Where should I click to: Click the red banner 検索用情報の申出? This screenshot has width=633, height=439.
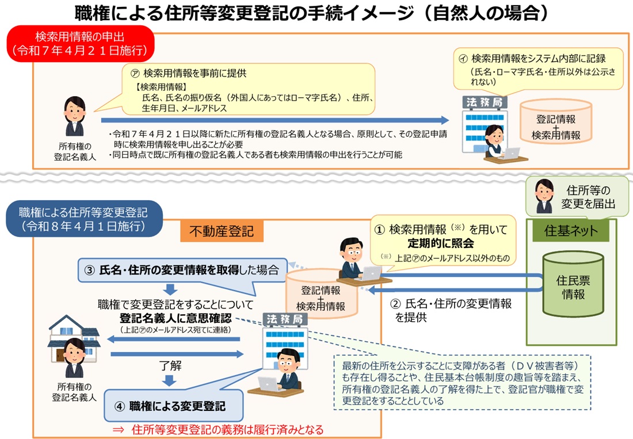[x=81, y=44]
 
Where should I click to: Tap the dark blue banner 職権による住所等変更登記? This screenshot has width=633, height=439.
[x=84, y=219]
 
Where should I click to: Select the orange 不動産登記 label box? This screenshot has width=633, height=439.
[x=222, y=231]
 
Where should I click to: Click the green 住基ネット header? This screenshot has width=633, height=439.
[x=570, y=231]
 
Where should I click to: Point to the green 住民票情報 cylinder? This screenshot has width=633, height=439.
[x=573, y=284]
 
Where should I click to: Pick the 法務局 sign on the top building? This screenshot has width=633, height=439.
[x=485, y=102]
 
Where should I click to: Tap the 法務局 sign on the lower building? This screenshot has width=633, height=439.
[x=285, y=319]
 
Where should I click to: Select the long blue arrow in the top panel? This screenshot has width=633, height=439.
[x=275, y=120]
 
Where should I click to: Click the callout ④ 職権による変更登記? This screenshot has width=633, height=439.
[x=174, y=406]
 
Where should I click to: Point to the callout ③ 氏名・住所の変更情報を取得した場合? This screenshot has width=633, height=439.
[x=182, y=270]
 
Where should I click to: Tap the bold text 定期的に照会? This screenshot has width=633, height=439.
[x=440, y=243]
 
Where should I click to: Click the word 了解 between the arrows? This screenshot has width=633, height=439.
[x=170, y=365]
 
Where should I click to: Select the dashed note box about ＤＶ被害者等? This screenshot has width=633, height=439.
[x=463, y=383]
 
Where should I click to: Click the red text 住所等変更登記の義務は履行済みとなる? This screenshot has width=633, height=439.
[x=228, y=430]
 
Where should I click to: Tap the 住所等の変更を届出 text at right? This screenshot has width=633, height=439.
[x=588, y=197]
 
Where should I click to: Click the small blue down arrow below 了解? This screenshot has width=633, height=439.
[x=169, y=380]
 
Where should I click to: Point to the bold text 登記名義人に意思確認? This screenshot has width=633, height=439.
[x=176, y=318]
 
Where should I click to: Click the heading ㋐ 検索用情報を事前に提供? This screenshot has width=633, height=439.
[x=189, y=73]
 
